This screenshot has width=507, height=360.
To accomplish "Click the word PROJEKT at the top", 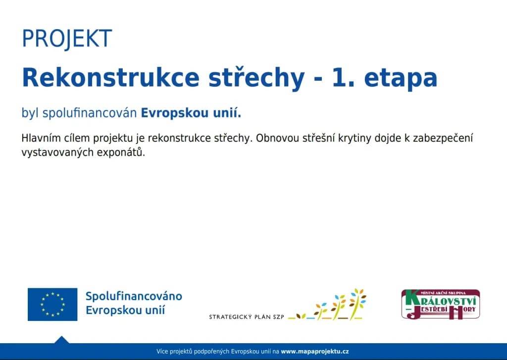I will (x=67, y=39).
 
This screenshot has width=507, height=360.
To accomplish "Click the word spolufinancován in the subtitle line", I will (x=90, y=113).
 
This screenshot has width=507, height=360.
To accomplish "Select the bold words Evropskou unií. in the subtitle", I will (x=191, y=113).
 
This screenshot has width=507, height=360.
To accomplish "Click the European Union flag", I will (x=52, y=304).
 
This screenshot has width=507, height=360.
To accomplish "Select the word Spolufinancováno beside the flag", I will (x=134, y=297).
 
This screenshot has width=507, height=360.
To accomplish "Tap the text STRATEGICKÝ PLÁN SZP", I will (x=247, y=317).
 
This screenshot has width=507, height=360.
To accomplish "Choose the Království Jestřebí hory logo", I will (x=440, y=304).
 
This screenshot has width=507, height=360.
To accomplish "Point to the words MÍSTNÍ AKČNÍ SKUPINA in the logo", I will (x=440, y=293).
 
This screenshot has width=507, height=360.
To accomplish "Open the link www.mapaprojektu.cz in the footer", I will (x=315, y=352).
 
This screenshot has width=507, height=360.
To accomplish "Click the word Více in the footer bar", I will (x=162, y=352).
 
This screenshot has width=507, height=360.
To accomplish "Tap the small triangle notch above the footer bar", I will (x=61, y=340).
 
